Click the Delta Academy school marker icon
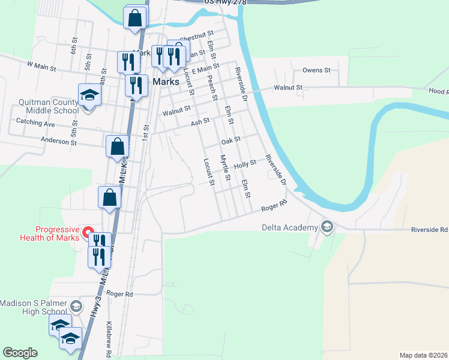coord(327,227)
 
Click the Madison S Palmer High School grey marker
coord(76,307)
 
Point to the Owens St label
coord(316,70)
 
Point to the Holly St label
coord(245,163)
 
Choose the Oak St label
coord(230,140)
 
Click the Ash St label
coord(200,121)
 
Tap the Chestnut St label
coord(197,36)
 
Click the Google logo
coord(20,353)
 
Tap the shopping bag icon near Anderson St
coord(117,146)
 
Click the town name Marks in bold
coord(166,82)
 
